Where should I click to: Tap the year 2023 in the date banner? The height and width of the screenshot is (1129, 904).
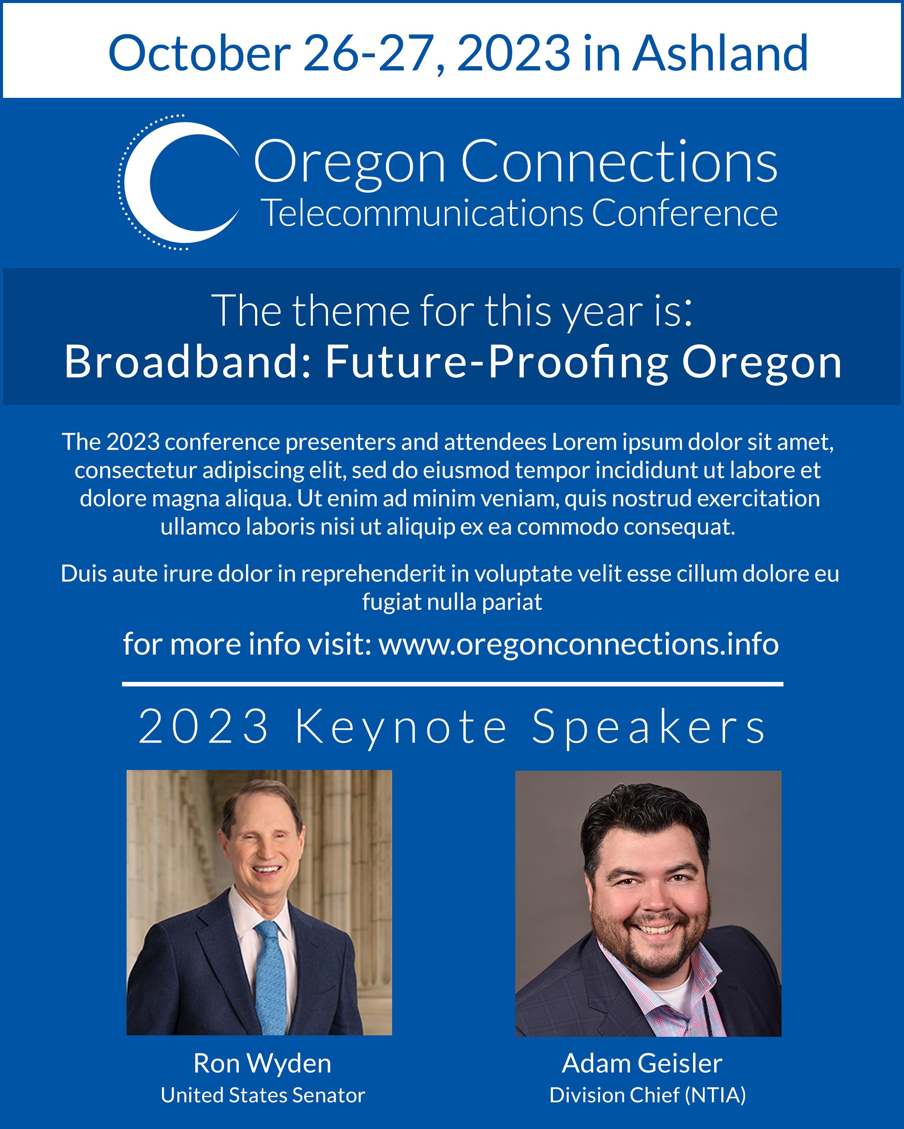click(x=513, y=53)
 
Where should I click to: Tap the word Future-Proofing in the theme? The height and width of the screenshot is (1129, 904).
click(x=497, y=362)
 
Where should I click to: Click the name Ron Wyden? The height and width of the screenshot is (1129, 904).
click(x=262, y=1064)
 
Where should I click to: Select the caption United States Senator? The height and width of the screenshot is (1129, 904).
click(x=263, y=1095)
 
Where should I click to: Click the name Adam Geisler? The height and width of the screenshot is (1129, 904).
click(x=642, y=1063)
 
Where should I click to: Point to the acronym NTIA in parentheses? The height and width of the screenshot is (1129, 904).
click(x=716, y=1095)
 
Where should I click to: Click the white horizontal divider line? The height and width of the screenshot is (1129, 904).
click(x=452, y=684)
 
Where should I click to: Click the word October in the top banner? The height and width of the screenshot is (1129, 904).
click(x=199, y=53)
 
